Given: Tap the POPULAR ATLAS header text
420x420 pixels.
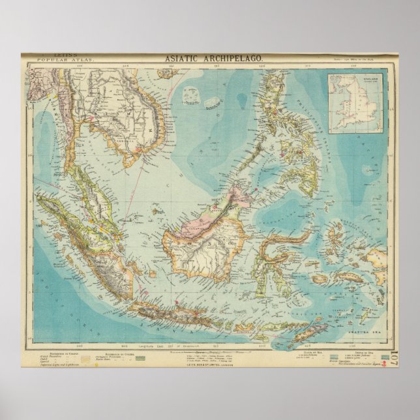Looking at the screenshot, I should coord(58,60).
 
